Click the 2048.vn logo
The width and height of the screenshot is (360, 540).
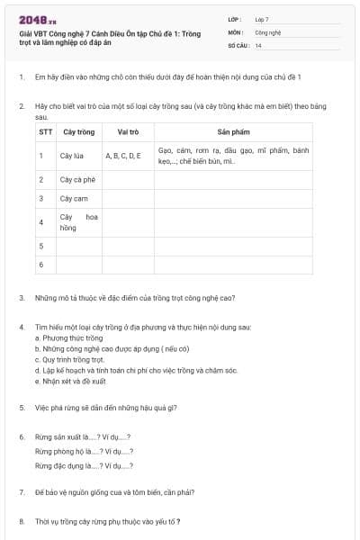[38, 20]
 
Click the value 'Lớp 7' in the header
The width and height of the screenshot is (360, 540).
[262, 18]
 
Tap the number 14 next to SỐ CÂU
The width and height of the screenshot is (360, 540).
[258, 45]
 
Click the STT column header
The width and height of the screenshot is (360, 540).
[45, 131]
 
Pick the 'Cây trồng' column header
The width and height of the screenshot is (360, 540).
[79, 131]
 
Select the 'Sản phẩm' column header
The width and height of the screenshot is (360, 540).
[233, 131]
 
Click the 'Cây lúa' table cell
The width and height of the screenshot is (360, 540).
[72, 156]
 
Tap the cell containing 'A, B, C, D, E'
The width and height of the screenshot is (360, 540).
[123, 156]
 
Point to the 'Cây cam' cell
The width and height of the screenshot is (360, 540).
[73, 198]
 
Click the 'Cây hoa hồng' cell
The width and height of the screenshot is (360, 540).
[78, 221]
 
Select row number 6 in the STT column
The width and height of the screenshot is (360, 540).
[41, 265]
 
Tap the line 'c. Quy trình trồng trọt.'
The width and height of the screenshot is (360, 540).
[68, 358]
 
